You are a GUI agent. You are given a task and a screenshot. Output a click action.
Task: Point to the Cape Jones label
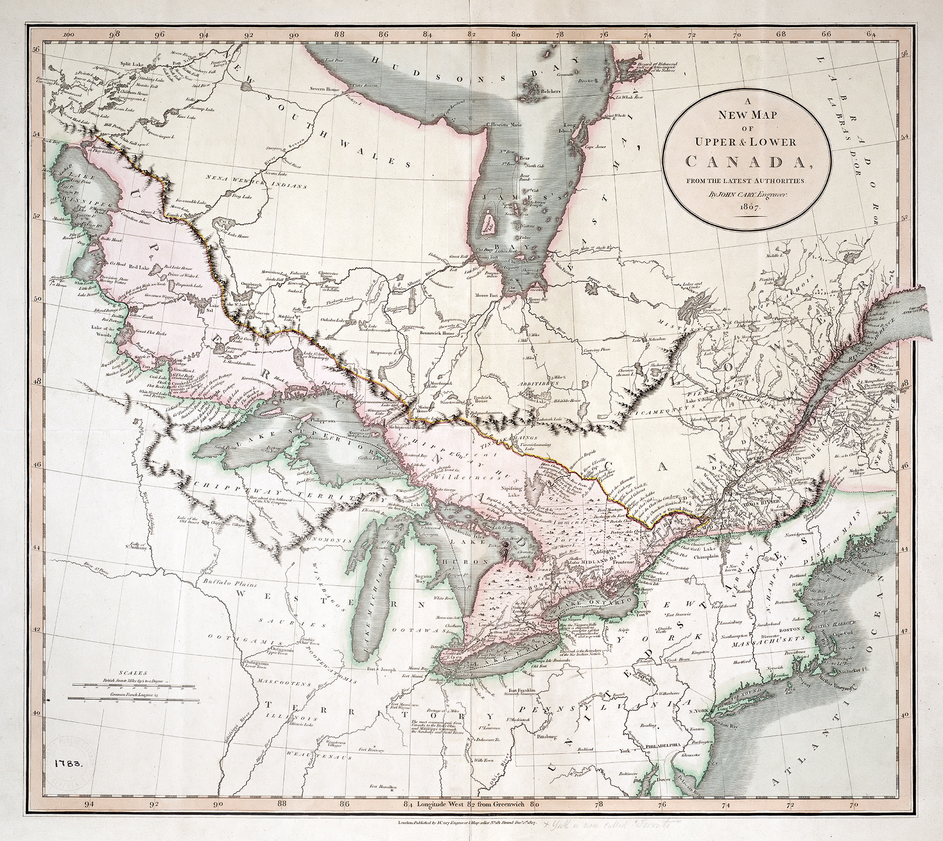click(594, 147)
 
